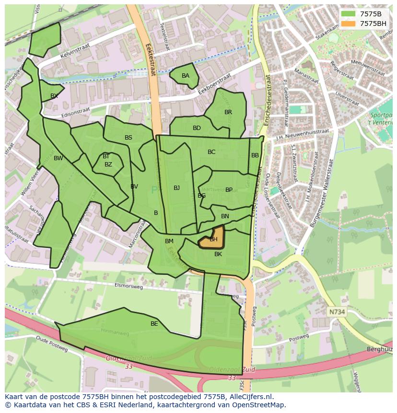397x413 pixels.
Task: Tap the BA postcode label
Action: (186, 76)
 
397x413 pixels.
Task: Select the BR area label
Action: (228, 112)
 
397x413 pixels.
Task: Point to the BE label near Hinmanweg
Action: (154, 324)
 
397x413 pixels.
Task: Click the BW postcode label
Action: (58, 158)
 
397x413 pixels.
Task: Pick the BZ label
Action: (108, 165)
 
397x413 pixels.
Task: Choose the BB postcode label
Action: (255, 155)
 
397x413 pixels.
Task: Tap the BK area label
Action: (218, 254)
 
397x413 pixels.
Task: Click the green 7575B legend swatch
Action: (348, 13)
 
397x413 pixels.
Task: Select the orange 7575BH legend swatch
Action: (348, 23)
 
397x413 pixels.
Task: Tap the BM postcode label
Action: (169, 241)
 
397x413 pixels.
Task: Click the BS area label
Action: (128, 138)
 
